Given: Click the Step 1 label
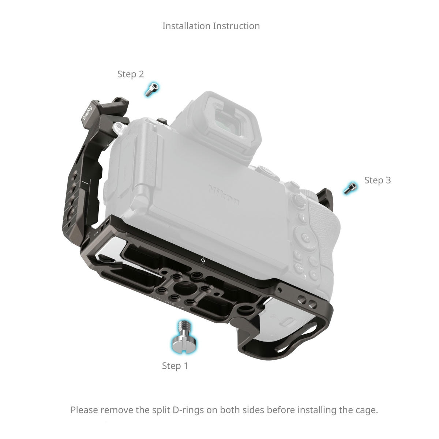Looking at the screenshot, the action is pos(175,366).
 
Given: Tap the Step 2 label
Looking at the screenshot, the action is pos(131,74).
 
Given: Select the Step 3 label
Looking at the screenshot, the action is pos(378,180).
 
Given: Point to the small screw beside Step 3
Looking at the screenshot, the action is pos(350,188).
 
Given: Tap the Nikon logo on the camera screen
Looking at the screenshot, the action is pos(224,195).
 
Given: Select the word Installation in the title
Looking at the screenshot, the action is pos(186,26).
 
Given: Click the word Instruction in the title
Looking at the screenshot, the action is pos(236,26).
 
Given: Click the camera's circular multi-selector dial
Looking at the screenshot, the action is pos(305,238).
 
